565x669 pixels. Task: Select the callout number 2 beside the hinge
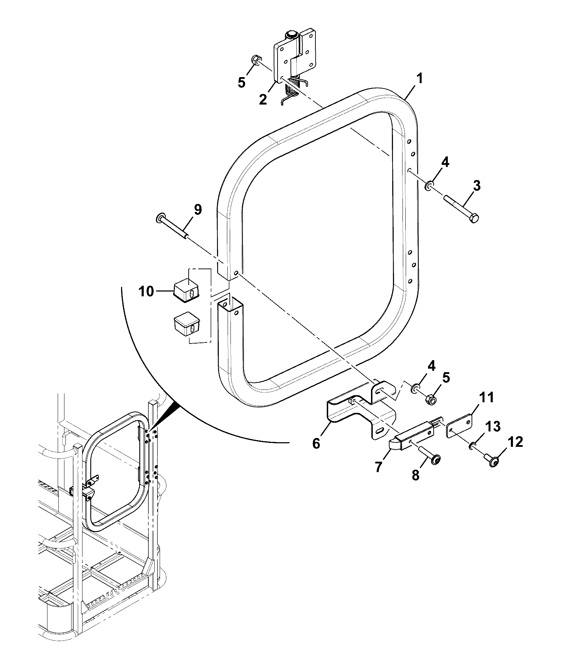[x=263, y=99]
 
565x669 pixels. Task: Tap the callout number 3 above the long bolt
[x=476, y=186]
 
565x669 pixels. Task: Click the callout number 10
[x=147, y=292]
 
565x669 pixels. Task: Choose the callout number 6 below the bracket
[x=316, y=443]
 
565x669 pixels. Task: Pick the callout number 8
[x=415, y=475]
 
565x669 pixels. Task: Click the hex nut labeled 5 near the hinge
[x=255, y=61]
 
